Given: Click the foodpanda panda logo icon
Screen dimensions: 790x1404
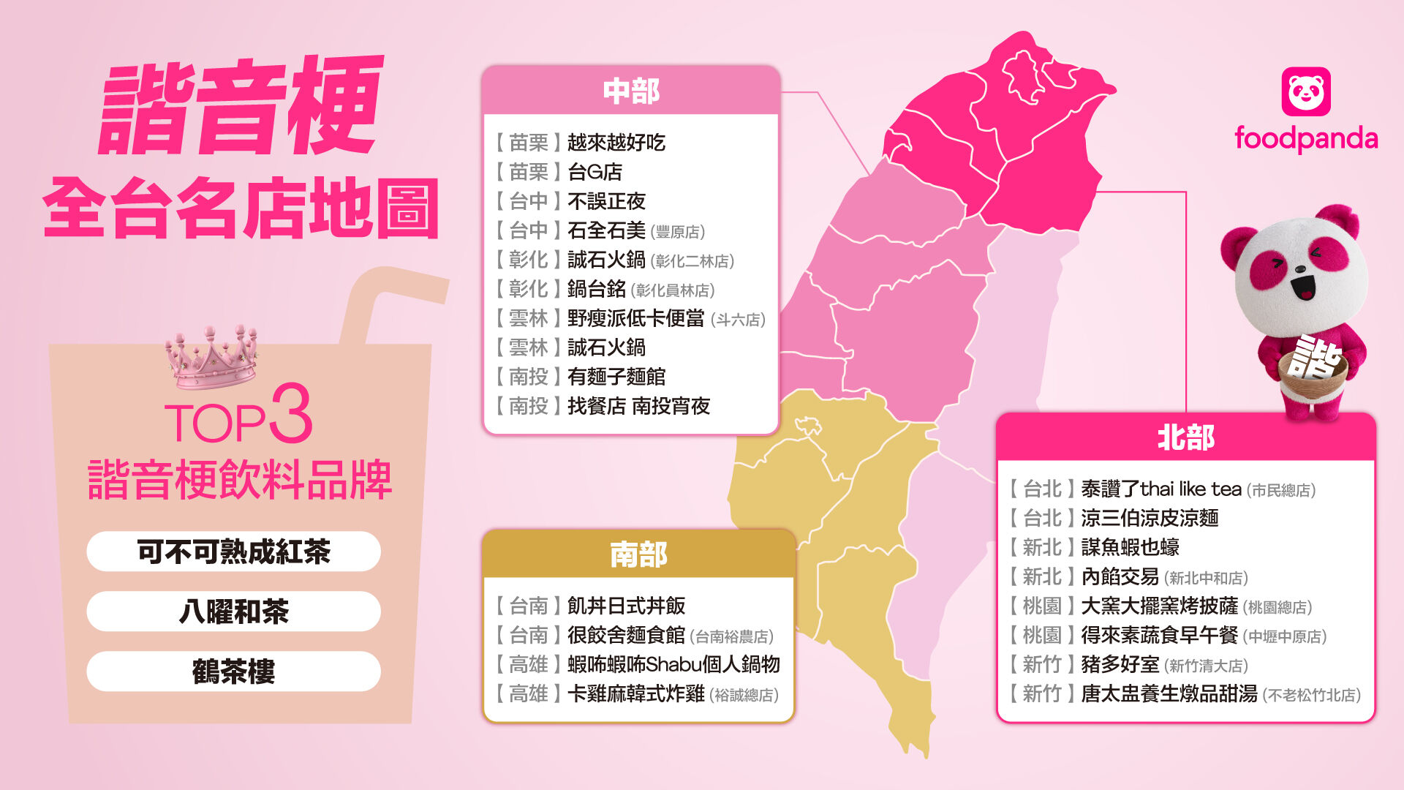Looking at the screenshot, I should point(1306,91).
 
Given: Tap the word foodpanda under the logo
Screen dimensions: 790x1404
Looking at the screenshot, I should point(1306,138).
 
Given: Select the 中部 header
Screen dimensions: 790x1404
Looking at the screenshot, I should point(631,91).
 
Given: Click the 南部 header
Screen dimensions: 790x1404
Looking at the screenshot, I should point(638,554).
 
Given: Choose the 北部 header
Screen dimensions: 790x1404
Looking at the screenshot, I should point(1185,437).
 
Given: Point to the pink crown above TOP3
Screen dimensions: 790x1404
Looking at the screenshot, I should point(211,358).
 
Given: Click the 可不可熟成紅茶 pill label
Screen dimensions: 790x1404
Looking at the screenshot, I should point(233,552).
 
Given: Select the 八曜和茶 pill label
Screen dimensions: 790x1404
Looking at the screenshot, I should point(233,612).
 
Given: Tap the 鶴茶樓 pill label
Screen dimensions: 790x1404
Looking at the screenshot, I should point(233,671).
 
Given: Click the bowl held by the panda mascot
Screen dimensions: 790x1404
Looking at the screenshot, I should point(1313,369).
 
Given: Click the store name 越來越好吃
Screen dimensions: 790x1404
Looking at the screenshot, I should point(616,143).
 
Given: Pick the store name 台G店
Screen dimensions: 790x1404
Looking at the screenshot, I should point(595,172).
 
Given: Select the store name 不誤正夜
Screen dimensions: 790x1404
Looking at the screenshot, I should point(606,201).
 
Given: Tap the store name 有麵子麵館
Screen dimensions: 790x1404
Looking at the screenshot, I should point(616,377).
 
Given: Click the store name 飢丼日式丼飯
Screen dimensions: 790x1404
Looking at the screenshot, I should point(626,606).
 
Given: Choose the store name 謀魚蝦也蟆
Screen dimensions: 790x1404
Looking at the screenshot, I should point(1130,547).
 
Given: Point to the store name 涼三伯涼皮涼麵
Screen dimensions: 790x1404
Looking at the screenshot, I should point(1150,518).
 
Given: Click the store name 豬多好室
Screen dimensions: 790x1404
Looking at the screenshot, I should point(1120,664).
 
